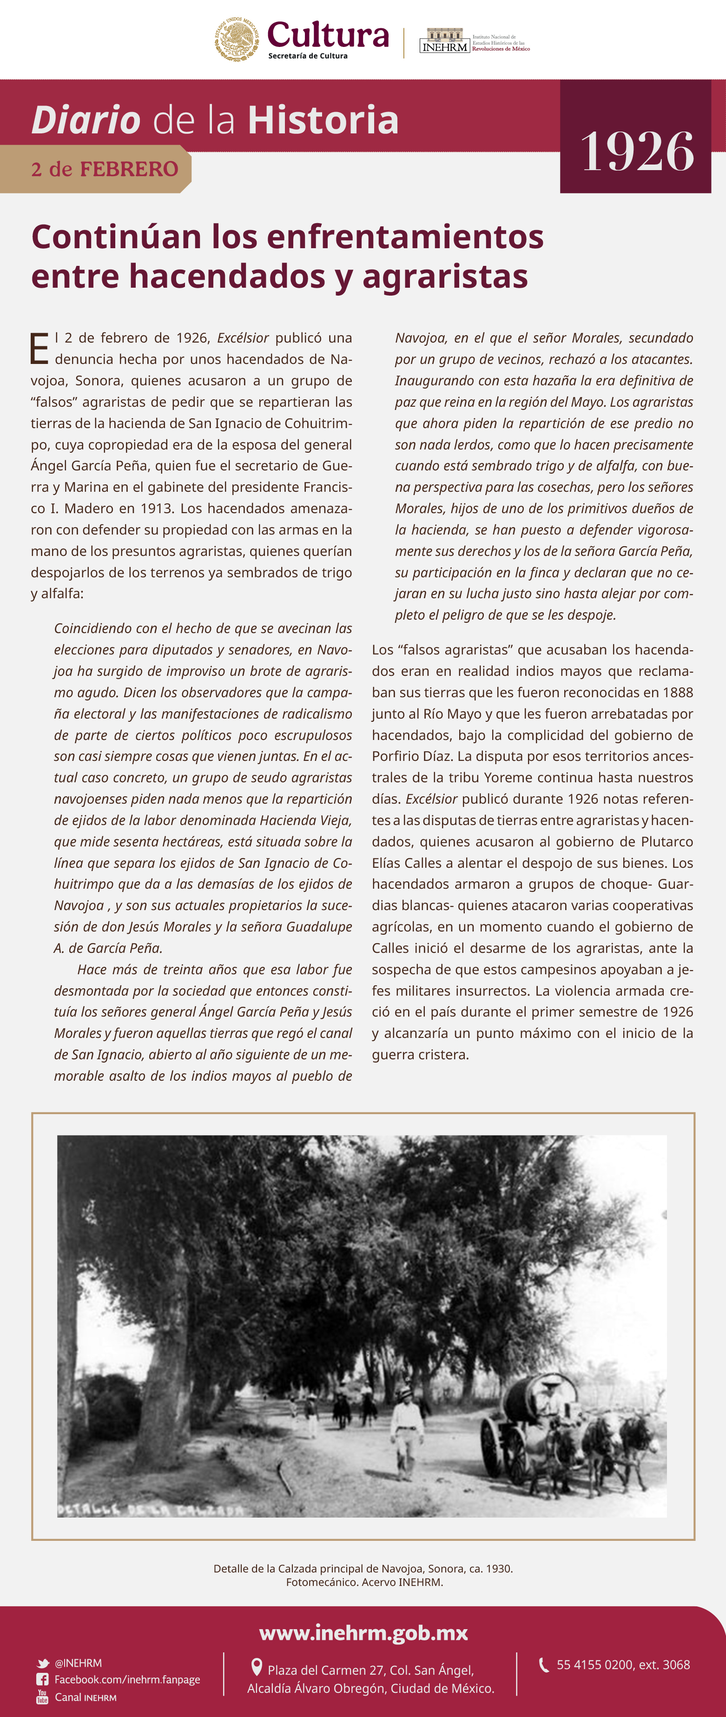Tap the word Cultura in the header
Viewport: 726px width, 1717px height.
(x=327, y=35)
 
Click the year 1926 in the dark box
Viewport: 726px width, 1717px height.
(x=637, y=152)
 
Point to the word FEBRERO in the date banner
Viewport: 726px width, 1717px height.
(x=129, y=169)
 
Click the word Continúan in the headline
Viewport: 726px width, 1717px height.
(x=116, y=237)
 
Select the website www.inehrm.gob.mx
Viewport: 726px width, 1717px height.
(x=363, y=1632)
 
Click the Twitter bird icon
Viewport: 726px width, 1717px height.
(x=43, y=1663)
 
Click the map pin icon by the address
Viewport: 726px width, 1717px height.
(x=256, y=1667)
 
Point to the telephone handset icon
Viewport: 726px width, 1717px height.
(x=544, y=1664)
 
